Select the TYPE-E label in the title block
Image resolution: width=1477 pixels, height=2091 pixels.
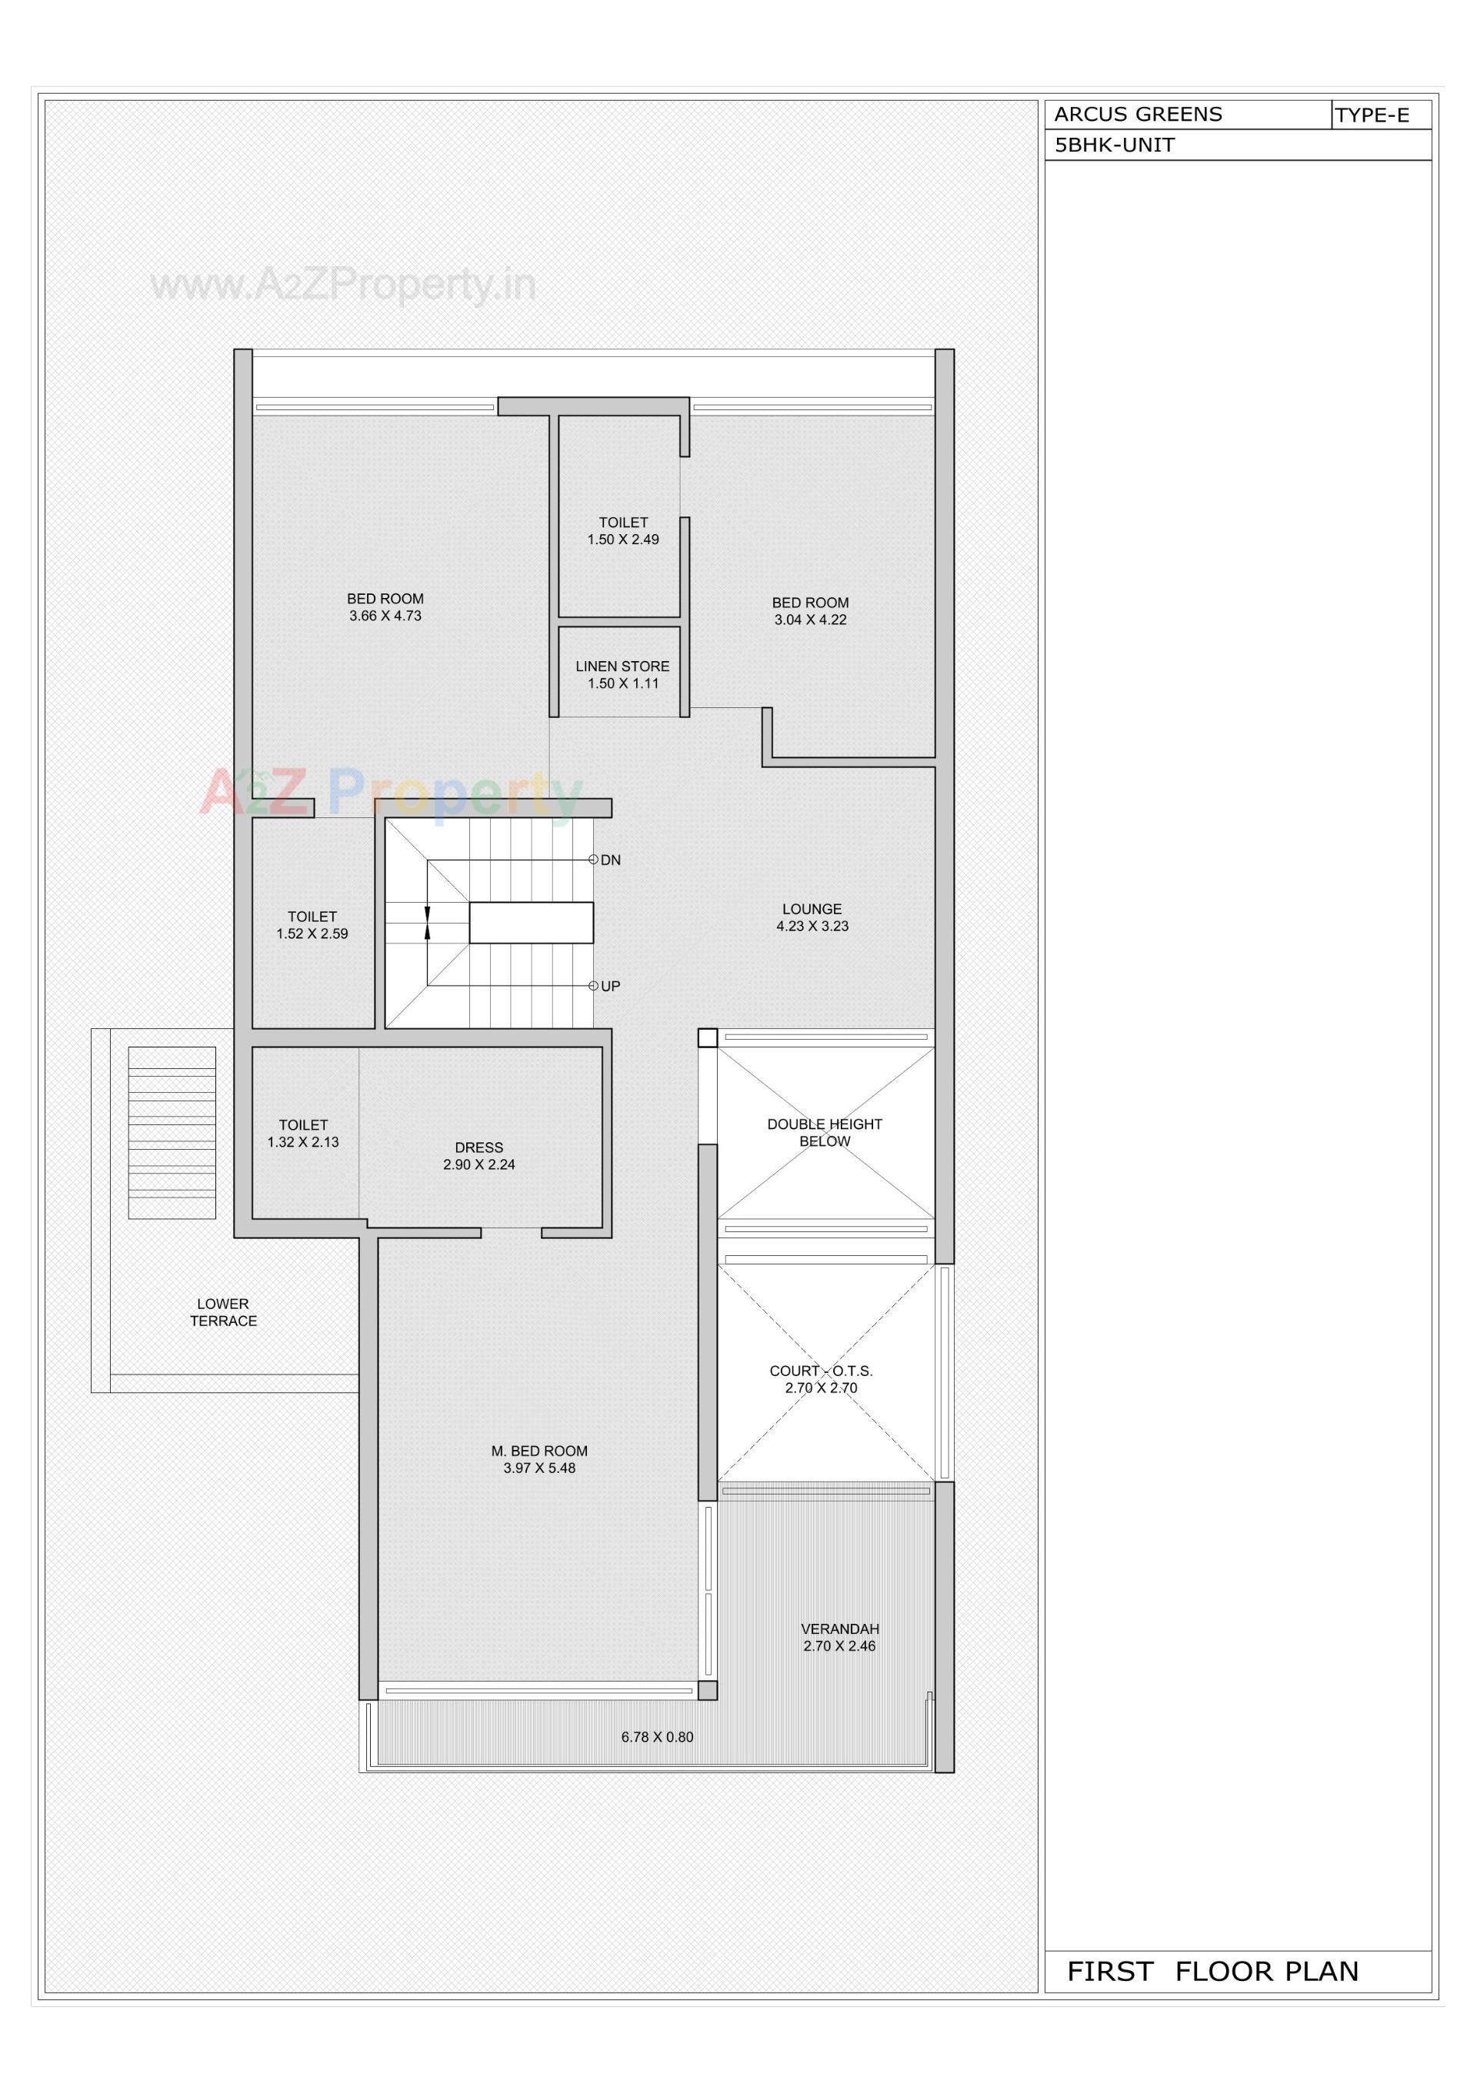pos(1372,115)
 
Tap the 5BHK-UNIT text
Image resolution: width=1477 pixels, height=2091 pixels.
pos(1114,145)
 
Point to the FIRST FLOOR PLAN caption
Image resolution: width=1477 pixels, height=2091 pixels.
pos(1212,1971)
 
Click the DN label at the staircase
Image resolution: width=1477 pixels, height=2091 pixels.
pos(610,860)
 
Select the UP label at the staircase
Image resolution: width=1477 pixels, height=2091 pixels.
pos(610,987)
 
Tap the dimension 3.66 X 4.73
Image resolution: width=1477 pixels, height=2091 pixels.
pos(385,616)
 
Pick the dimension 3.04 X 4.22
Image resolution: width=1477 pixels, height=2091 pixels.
pos(811,620)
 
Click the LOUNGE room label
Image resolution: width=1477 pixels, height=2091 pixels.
pos(812,909)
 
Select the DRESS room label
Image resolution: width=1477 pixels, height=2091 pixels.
pos(479,1147)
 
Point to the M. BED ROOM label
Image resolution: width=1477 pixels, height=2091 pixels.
pos(539,1451)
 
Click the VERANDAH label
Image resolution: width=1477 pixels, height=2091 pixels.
pos(839,1628)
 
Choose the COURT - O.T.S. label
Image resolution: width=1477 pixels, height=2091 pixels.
pos(821,1371)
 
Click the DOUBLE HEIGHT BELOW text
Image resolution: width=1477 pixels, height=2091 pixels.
pos(824,1133)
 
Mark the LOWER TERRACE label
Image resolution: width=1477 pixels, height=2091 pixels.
pos(223,1312)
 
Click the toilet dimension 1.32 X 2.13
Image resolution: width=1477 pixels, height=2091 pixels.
pos(303,1142)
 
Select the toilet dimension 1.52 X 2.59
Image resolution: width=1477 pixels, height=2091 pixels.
pos(312,934)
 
